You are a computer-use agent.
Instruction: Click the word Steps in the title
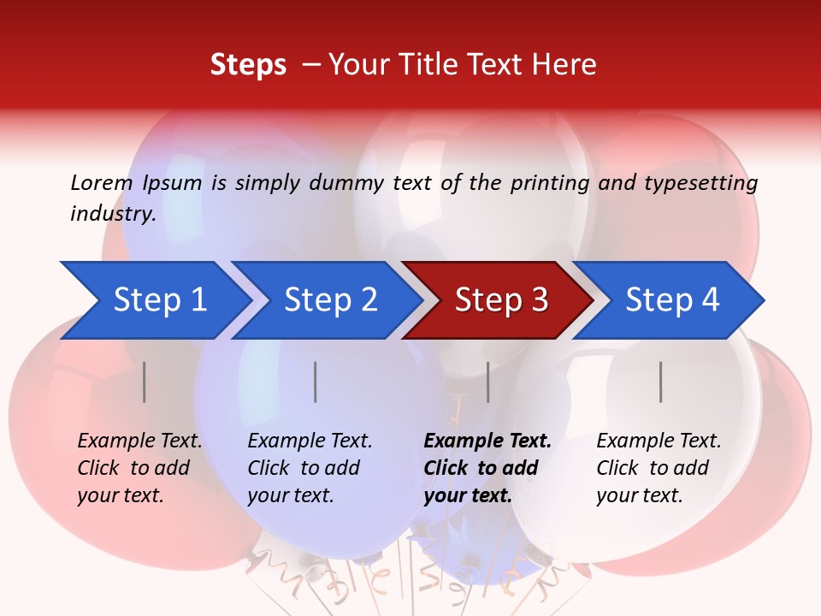pos(248,65)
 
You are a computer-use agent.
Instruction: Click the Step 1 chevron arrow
pos(158,300)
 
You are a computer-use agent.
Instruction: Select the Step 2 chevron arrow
pos(330,300)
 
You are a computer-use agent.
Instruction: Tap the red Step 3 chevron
pos(501,300)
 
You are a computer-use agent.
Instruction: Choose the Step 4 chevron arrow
pos(672,300)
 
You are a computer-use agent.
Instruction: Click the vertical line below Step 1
pos(145,382)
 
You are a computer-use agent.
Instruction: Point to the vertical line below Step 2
pos(316,382)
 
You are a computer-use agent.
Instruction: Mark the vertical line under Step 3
pos(488,382)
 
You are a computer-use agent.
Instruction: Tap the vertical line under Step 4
pos(661,382)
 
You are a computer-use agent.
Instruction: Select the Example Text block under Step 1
pos(139,468)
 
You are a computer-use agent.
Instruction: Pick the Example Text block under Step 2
pos(310,468)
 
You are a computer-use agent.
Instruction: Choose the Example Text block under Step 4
pos(659,468)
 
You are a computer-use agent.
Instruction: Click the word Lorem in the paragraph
pos(101,182)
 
